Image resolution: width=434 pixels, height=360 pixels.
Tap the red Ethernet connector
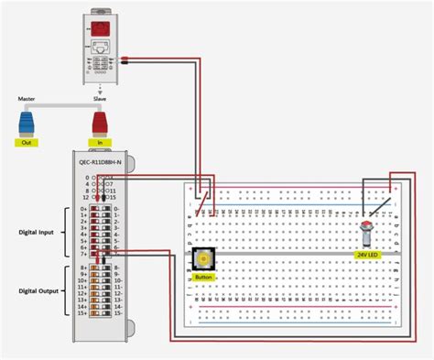point(99,121)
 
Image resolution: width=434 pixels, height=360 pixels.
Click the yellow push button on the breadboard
point(202,259)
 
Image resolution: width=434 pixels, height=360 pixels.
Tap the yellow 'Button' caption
point(202,276)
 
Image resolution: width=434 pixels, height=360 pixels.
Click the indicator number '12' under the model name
point(86,197)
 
